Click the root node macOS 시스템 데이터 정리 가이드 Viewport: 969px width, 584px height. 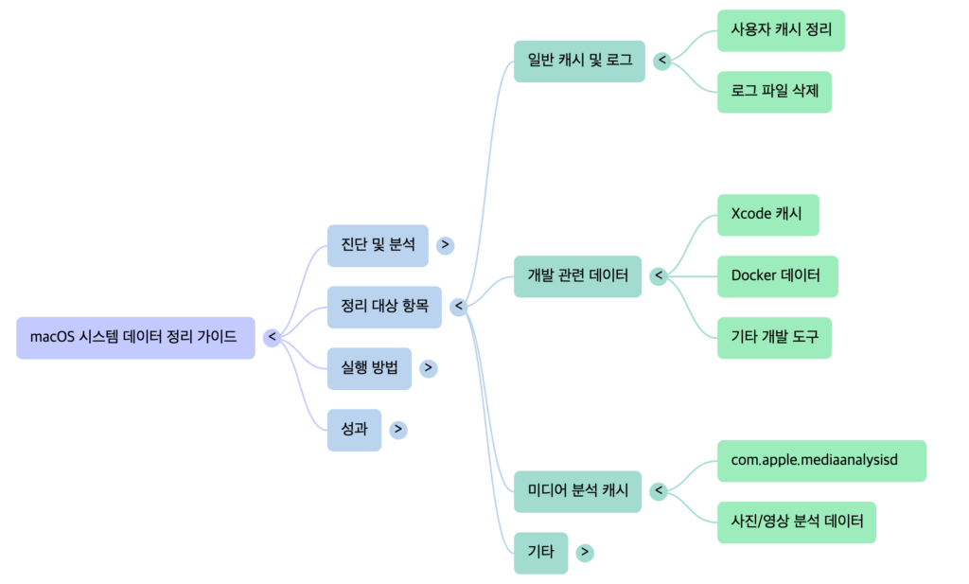[x=135, y=337]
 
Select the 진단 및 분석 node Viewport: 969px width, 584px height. [x=376, y=245]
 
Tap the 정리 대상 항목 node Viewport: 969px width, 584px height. [x=383, y=307]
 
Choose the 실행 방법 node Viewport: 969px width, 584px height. [x=369, y=368]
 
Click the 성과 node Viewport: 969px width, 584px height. [x=354, y=429]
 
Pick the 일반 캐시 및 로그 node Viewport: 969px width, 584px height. [x=579, y=62]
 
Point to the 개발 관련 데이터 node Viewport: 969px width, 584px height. [x=577, y=276]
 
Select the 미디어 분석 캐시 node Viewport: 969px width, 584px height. [x=577, y=491]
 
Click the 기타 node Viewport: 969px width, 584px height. [x=540, y=552]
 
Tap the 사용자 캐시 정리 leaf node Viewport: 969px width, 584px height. [x=781, y=30]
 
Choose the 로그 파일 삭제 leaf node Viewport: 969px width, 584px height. [x=774, y=92]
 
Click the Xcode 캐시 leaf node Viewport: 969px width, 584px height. [x=767, y=215]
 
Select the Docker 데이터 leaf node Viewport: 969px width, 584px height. [x=775, y=276]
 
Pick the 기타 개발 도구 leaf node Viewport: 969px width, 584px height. [x=774, y=337]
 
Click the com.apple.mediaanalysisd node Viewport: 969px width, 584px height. [x=821, y=460]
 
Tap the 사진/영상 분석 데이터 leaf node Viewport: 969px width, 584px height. [x=796, y=522]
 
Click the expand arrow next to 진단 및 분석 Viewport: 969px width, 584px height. [x=446, y=245]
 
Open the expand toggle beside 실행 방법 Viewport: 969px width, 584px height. [x=429, y=368]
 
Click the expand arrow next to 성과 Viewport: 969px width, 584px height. [x=398, y=429]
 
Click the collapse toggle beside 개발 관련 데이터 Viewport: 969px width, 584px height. [x=660, y=276]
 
